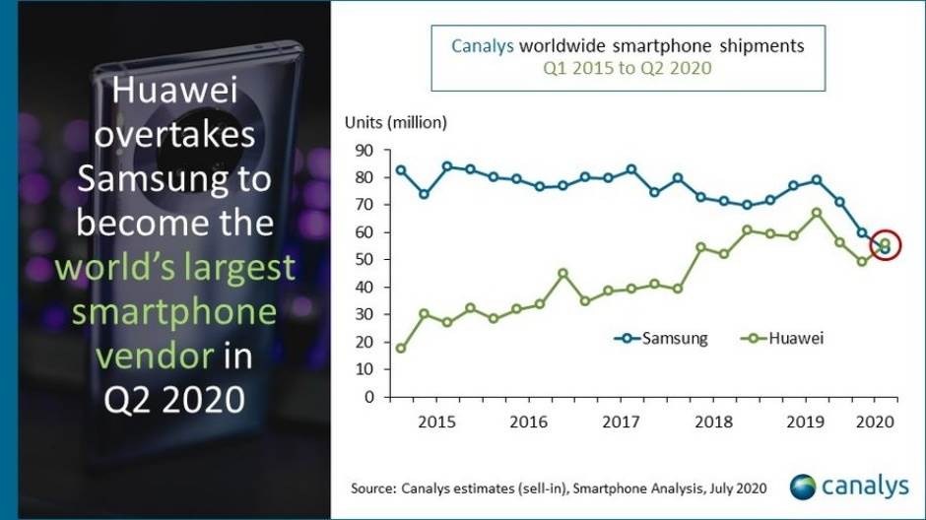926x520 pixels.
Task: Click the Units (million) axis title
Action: pos(395,123)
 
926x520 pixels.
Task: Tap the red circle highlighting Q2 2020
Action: pos(885,246)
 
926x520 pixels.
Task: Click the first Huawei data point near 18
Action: pos(401,349)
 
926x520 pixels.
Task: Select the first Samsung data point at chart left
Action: pos(401,170)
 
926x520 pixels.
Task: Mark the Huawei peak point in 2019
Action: pos(817,213)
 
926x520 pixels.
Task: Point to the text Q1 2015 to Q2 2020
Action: pos(628,69)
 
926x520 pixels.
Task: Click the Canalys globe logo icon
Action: pos(803,486)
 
